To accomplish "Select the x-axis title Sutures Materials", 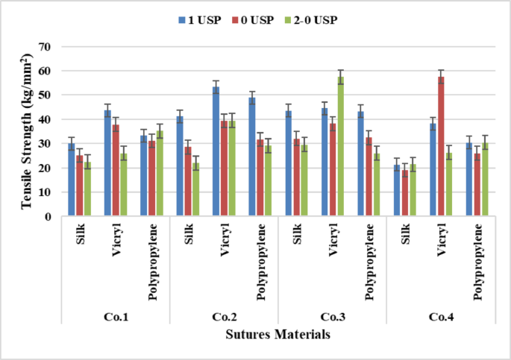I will pos(278,335).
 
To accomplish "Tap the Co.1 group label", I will pos(116,317).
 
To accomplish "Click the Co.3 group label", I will pos(332,317).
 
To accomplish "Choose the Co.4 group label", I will pos(440,317).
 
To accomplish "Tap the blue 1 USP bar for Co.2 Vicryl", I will pos(216,151).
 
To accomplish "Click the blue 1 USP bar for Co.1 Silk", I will pos(71,180).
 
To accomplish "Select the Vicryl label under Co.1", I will pos(115,242).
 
